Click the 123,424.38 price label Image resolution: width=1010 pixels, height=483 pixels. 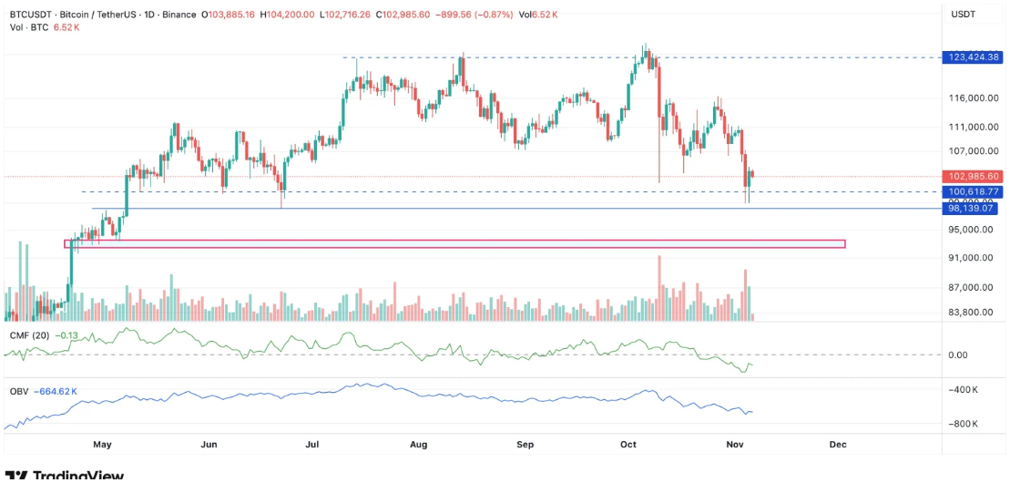click(974, 57)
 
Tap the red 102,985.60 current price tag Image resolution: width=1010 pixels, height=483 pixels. click(974, 177)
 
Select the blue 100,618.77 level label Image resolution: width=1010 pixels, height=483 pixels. click(974, 192)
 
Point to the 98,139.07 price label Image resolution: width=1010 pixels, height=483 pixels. click(974, 209)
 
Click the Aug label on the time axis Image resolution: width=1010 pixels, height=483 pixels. click(419, 445)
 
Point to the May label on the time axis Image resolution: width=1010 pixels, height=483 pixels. click(102, 445)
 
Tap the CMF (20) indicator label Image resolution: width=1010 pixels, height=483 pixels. click(28, 335)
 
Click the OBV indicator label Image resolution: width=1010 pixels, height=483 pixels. click(19, 392)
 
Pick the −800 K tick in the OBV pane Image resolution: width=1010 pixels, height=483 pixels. click(964, 425)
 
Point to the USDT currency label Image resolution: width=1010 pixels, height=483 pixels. click(964, 15)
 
